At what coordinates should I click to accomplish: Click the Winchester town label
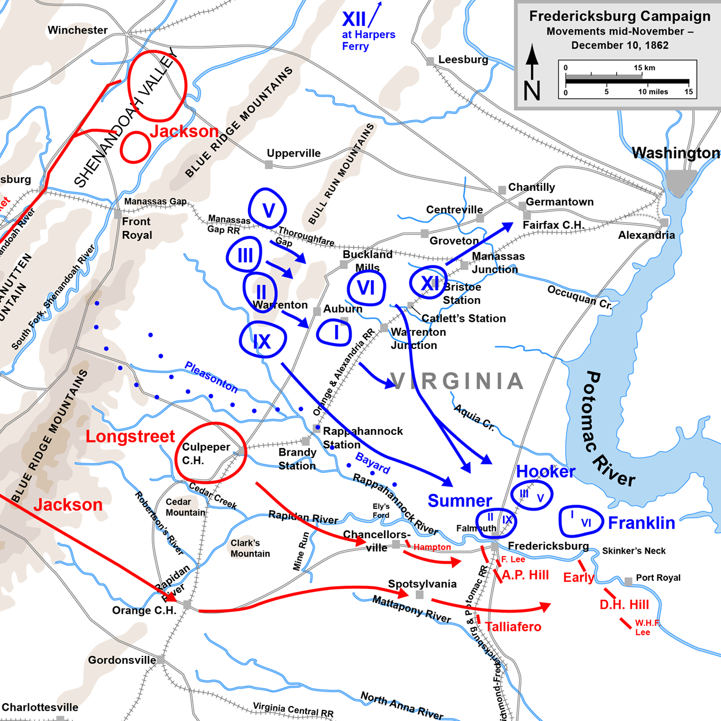point(77,30)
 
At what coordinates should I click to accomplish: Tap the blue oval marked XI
point(428,283)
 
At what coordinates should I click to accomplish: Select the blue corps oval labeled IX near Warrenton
point(262,341)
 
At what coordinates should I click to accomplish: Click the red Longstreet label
point(130,437)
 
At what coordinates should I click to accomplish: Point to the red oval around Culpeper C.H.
point(211,453)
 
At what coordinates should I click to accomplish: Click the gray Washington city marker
point(681,181)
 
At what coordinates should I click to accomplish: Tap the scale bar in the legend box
point(627,81)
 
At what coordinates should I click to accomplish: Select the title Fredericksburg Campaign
point(619,17)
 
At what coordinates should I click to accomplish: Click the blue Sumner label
point(460,501)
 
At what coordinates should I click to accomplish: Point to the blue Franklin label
point(641,523)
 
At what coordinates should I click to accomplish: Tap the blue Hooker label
point(545,472)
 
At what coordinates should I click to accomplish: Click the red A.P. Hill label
point(525,575)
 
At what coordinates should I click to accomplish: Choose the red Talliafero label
point(513,627)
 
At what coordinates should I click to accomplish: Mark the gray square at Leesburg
point(430,61)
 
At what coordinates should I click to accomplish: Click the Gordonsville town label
point(122,660)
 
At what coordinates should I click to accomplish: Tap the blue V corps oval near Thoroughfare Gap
point(268,208)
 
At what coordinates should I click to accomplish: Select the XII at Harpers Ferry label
point(367,32)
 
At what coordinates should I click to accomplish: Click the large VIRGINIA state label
point(457,381)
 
